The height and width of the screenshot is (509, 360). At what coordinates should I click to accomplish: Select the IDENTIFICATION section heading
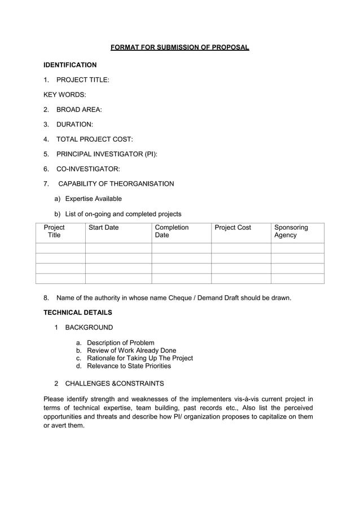click(x=70, y=65)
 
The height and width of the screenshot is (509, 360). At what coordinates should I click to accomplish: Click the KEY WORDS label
click(x=65, y=95)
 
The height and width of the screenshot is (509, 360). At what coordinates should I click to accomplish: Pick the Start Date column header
click(x=104, y=227)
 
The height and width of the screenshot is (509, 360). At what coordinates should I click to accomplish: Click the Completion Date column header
click(x=172, y=231)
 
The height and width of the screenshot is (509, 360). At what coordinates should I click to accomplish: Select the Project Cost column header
click(x=232, y=227)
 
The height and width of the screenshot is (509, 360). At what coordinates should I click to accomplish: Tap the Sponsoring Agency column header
click(x=291, y=231)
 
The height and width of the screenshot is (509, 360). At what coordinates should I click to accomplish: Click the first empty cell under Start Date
click(x=118, y=248)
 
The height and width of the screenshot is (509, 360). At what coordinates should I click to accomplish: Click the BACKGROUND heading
click(x=89, y=327)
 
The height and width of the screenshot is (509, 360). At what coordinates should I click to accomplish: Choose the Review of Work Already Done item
click(x=131, y=350)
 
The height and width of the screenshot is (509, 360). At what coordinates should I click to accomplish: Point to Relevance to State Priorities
click(x=129, y=366)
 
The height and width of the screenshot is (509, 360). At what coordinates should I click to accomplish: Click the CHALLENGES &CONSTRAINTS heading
click(x=115, y=384)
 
